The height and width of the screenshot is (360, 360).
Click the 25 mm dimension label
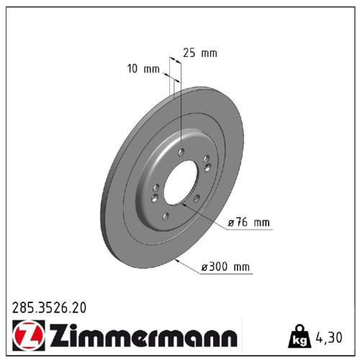click(x=199, y=53)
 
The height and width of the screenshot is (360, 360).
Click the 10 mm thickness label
click(x=142, y=69)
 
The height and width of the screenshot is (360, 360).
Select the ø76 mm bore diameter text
click(x=249, y=223)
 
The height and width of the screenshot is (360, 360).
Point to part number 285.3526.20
click(x=49, y=308)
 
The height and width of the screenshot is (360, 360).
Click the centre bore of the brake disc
click(x=181, y=184)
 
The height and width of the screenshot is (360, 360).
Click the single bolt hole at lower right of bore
click(x=196, y=197)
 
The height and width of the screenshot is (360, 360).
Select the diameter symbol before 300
click(x=205, y=268)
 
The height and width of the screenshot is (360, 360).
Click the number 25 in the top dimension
click(x=189, y=53)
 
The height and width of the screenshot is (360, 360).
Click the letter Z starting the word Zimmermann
click(x=58, y=337)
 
